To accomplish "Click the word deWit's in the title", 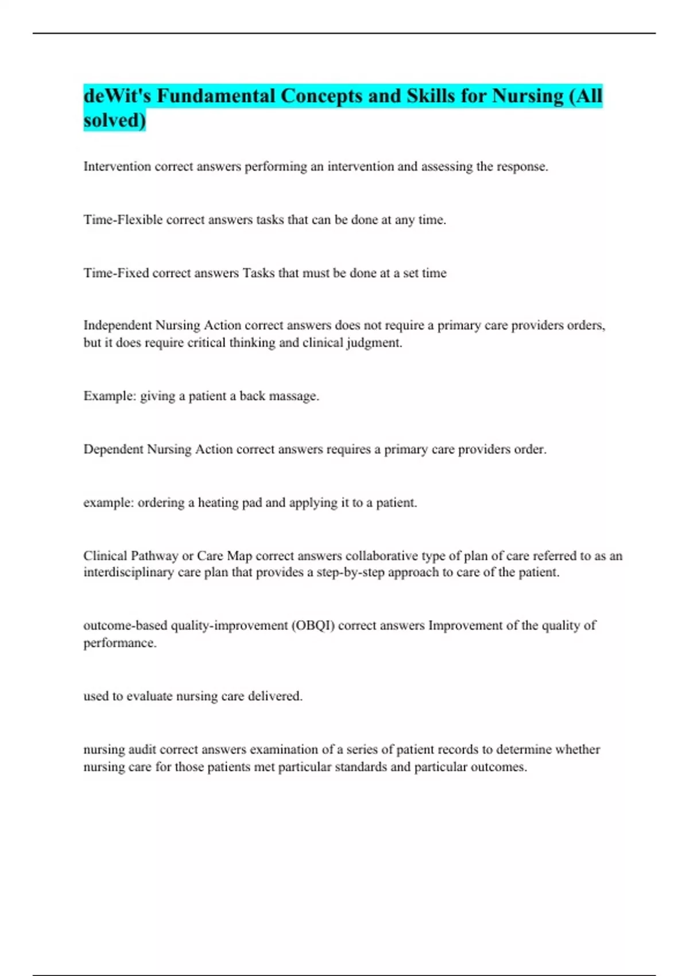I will pyautogui.click(x=117, y=96).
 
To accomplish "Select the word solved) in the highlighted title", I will pyautogui.click(x=115, y=121).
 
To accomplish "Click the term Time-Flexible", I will pyautogui.click(x=123, y=220).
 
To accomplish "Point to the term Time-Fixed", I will pyautogui.click(x=116, y=273).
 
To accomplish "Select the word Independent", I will pyautogui.click(x=118, y=326).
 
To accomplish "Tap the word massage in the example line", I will pyautogui.click(x=297, y=396).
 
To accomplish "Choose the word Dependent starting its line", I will pyautogui.click(x=113, y=450).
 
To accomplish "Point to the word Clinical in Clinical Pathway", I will pyautogui.click(x=105, y=556).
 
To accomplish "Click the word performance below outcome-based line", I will pyautogui.click(x=119, y=643).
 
